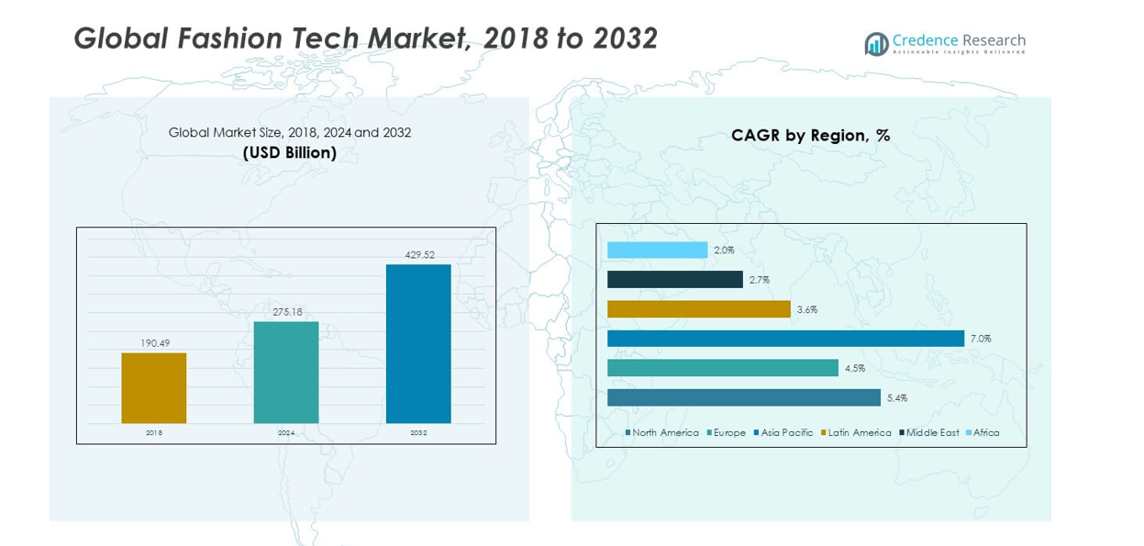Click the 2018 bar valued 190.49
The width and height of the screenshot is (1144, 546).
point(153,388)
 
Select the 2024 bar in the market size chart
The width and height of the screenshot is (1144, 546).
point(286,373)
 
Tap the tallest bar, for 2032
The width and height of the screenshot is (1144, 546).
point(418,344)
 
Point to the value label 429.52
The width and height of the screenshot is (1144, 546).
point(419,255)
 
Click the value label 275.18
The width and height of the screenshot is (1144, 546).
point(287,312)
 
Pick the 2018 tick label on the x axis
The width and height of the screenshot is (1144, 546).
point(153,432)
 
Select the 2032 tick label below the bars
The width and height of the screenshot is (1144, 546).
point(418,432)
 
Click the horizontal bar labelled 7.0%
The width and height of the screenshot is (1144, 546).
point(785,339)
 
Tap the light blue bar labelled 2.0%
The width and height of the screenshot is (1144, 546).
point(657,250)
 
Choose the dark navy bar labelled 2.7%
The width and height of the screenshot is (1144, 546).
point(674,280)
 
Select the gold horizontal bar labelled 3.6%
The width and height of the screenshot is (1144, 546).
point(698,309)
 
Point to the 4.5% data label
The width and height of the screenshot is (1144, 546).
point(854,369)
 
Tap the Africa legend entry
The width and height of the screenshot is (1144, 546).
point(985,432)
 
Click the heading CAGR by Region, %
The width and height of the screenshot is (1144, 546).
point(810,136)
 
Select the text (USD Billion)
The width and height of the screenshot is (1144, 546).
point(289,153)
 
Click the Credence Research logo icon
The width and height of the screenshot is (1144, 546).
point(876,43)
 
